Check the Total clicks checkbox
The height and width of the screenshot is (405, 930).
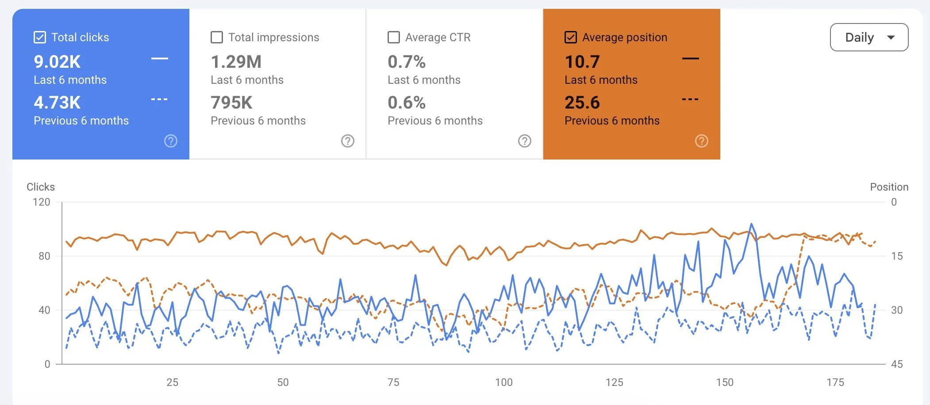[40, 37]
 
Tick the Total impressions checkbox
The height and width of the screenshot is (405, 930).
[217, 37]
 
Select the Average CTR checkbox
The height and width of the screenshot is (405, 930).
[394, 37]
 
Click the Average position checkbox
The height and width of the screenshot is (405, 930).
[571, 37]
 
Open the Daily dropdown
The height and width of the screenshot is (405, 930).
[869, 37]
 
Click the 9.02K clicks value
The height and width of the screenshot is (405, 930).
[58, 62]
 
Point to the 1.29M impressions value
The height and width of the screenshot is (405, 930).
[236, 62]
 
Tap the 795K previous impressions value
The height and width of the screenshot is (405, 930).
[231, 102]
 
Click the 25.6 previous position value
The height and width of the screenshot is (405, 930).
[582, 102]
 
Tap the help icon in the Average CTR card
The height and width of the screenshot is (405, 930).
[525, 141]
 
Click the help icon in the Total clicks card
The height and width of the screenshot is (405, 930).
[171, 141]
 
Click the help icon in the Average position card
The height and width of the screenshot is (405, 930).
[702, 141]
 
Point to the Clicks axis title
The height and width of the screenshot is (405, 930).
[41, 187]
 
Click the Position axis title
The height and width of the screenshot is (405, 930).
[889, 187]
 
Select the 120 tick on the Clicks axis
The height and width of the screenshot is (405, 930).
[42, 202]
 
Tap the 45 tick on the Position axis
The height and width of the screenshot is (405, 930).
[897, 364]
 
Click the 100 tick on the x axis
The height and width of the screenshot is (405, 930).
[504, 382]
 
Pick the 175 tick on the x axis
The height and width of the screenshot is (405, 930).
[835, 382]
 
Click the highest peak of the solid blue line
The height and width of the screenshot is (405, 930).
[751, 224]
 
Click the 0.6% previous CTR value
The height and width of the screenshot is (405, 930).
[407, 102]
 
